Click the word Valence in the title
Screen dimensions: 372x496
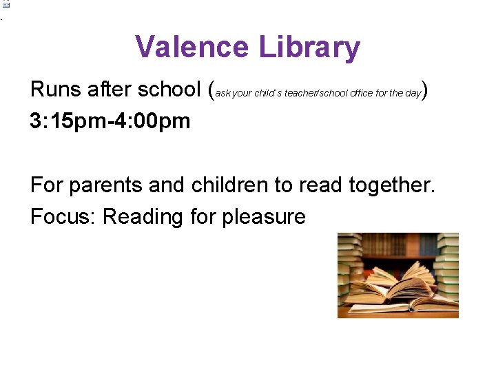tap(192, 48)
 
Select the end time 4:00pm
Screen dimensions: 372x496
tap(153, 121)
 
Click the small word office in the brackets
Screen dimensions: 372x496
tap(361, 93)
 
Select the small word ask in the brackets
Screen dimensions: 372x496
tap(223, 93)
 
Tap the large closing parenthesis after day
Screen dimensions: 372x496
tap(426, 90)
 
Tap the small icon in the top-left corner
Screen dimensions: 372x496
tap(6, 4)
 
